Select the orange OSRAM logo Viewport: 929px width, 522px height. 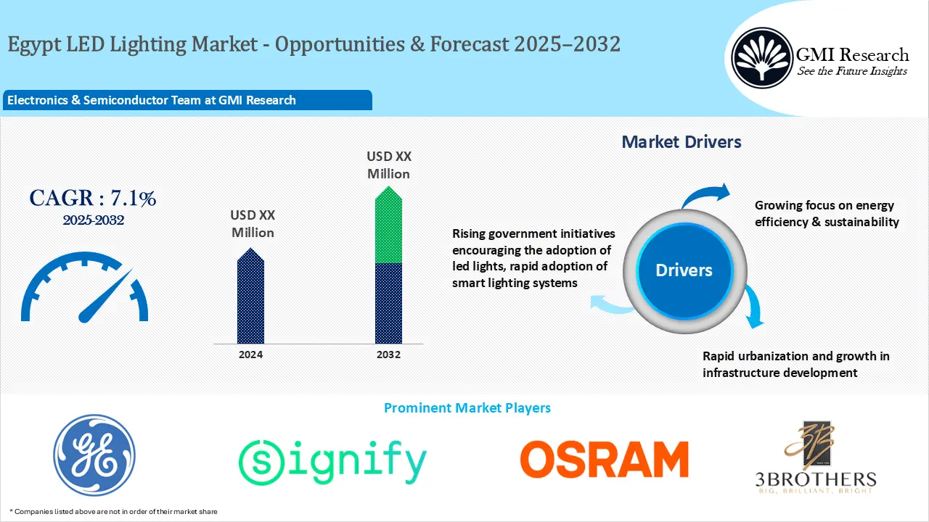click(x=604, y=460)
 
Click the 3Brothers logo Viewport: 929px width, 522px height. click(x=814, y=457)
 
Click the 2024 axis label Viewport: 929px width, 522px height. click(x=250, y=355)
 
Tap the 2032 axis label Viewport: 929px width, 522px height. click(x=388, y=355)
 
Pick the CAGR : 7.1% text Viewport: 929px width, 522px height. click(x=92, y=198)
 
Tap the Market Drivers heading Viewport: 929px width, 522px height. click(x=682, y=142)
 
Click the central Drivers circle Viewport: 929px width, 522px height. click(x=684, y=270)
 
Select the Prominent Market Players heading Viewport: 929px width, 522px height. click(x=467, y=408)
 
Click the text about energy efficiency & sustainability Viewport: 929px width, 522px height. click(x=827, y=214)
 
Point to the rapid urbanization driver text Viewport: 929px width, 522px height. click(x=795, y=365)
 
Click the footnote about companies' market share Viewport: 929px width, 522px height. click(x=113, y=512)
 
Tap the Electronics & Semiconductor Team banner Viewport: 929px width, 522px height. click(x=152, y=101)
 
